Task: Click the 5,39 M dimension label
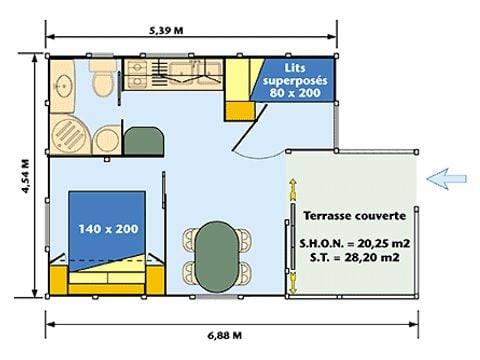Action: coord(166,31)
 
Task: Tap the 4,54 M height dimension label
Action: coord(26,176)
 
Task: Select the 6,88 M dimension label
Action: coord(225,335)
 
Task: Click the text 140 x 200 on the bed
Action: coord(108,229)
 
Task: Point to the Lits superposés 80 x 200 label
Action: coord(295,80)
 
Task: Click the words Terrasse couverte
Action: coord(355,216)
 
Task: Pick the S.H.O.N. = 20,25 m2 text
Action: coord(354,243)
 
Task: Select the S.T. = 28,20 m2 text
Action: coord(354,257)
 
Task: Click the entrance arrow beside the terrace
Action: coord(446,179)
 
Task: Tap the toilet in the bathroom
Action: coord(103,79)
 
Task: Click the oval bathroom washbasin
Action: coord(63,86)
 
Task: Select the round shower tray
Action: coord(71,135)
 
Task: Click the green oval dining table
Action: coord(217,257)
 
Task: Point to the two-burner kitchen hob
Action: coord(137,75)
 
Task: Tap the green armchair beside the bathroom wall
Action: coord(143,141)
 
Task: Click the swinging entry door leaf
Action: coord(250,127)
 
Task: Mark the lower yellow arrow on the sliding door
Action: coord(293,283)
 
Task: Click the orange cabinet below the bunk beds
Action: coord(239,111)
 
